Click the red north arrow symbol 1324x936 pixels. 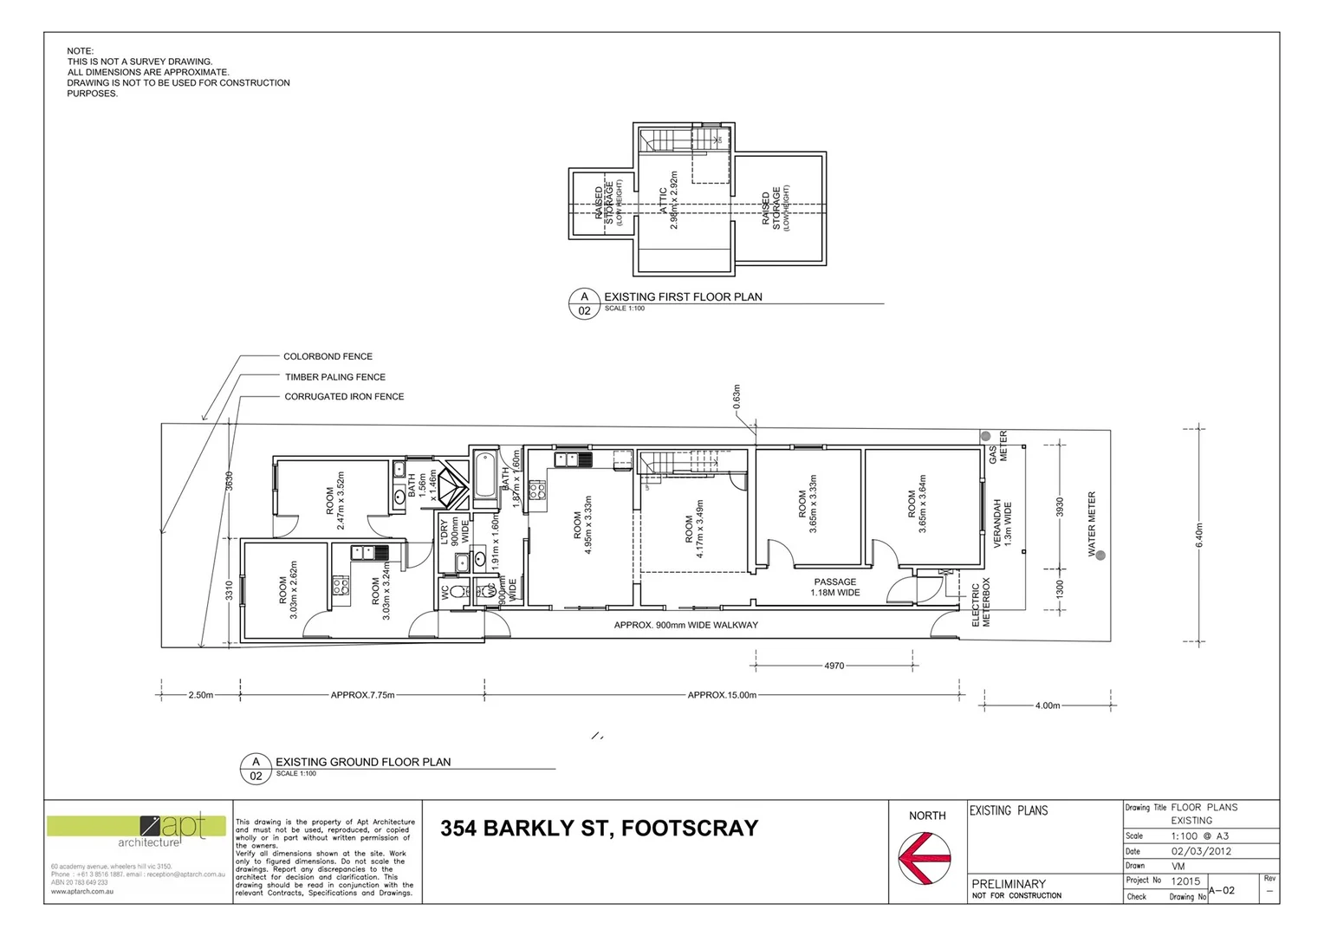click(925, 858)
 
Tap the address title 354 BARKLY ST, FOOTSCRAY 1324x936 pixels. click(599, 829)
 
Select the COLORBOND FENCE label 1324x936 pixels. click(328, 356)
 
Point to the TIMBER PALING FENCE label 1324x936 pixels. click(335, 377)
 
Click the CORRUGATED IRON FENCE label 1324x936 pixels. click(344, 397)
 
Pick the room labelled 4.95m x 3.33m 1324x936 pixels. click(582, 524)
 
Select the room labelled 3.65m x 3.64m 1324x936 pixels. click(917, 503)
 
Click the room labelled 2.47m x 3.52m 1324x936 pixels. click(334, 500)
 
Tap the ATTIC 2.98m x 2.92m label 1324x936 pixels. click(669, 200)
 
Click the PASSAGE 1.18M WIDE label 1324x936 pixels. click(835, 588)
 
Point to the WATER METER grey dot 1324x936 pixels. click(1100, 556)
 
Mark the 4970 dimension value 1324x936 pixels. click(834, 666)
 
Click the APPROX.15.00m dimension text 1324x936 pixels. click(722, 695)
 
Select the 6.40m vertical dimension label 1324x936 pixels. click(1199, 535)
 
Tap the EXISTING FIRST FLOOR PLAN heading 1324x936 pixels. click(683, 296)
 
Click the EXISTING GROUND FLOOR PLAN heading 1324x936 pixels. click(363, 762)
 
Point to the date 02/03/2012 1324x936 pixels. click(1201, 851)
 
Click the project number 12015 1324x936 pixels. click(1186, 881)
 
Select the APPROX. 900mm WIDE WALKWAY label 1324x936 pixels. click(685, 625)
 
